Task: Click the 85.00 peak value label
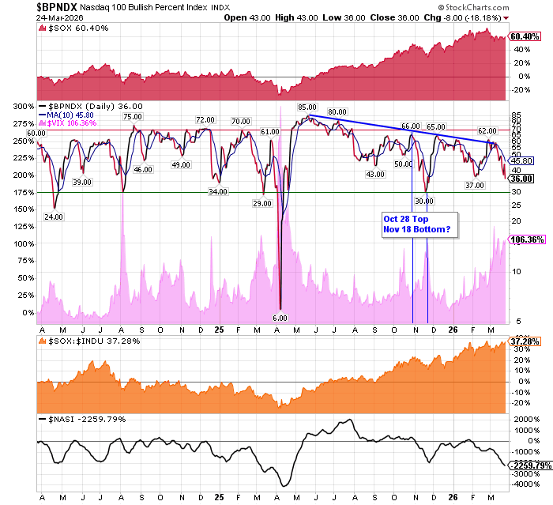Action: click(x=307, y=107)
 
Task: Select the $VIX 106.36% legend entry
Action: click(x=73, y=122)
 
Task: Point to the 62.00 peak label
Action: click(x=487, y=130)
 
